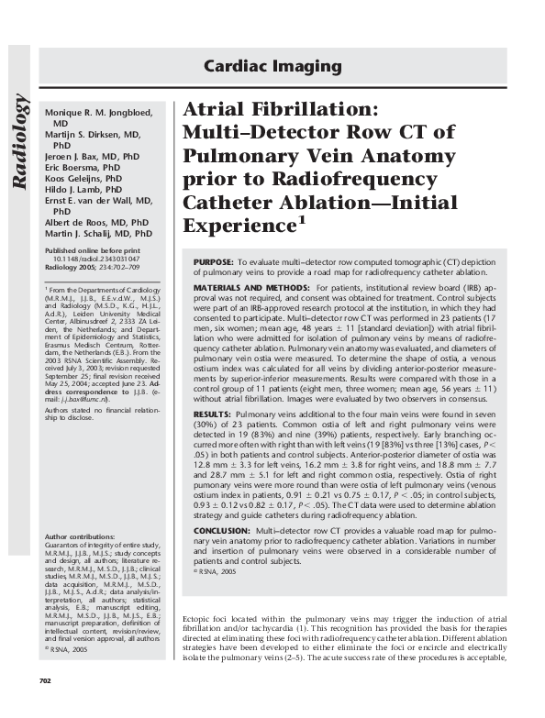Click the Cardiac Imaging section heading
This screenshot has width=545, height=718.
[272, 67]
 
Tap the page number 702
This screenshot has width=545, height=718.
[45, 705]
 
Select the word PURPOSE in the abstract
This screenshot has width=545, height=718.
[213, 262]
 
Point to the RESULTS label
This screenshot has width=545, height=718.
[212, 414]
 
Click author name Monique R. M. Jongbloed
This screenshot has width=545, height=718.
[101, 112]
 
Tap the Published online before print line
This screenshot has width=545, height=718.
[93, 250]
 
